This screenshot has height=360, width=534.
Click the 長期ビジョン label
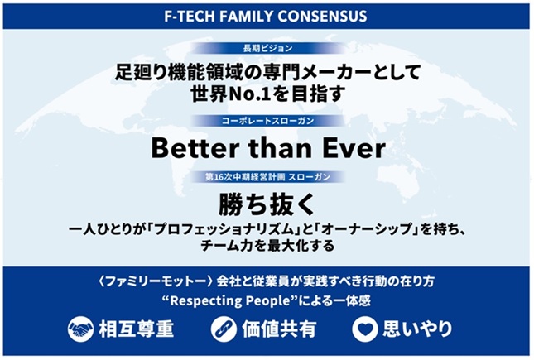(x=267, y=48)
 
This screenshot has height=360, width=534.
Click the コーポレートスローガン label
(x=267, y=121)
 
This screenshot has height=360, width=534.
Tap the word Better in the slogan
(x=194, y=148)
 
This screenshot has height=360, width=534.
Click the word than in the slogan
(x=279, y=148)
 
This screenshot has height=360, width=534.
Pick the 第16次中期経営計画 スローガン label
(x=267, y=177)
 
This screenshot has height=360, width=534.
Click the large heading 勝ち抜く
(x=267, y=204)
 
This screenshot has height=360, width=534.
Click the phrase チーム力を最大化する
(x=267, y=246)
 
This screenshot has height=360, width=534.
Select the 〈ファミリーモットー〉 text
(x=156, y=281)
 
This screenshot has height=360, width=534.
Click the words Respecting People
(x=232, y=301)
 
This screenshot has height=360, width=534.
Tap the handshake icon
(x=80, y=329)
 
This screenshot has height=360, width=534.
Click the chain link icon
(x=224, y=329)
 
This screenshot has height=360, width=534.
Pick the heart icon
(x=365, y=329)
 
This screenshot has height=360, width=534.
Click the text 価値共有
(x=279, y=329)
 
